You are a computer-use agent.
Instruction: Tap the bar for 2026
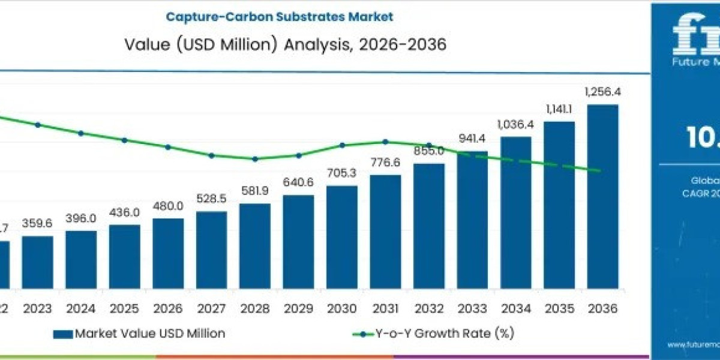coord(168,252)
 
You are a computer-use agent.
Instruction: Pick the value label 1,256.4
coord(602,92)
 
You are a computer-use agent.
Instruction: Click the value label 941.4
coord(472,139)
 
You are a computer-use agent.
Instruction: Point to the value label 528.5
coord(211,199)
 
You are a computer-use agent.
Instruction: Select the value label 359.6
coord(37,223)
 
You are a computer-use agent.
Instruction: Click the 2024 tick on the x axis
coord(81,308)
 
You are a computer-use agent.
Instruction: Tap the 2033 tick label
coord(472,308)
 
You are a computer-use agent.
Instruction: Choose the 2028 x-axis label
coord(255,308)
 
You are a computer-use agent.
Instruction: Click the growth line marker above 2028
coord(255,159)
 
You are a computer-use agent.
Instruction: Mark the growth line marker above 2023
coord(38,125)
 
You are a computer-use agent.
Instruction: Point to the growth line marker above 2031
coord(385,142)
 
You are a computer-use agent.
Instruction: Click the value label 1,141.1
coord(559,109)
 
